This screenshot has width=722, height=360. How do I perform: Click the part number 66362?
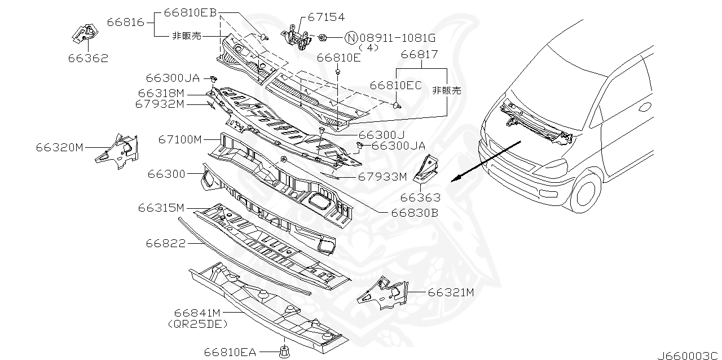click(89, 58)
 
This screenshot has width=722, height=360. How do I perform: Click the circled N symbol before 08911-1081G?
click(351, 38)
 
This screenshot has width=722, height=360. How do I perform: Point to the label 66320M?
click(60, 148)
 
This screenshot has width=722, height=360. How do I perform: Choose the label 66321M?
click(450, 292)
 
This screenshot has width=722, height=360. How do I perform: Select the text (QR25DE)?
click(197, 324)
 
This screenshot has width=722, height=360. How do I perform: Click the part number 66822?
click(166, 243)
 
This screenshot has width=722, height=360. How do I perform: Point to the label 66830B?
click(415, 213)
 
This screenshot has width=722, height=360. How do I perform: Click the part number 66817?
click(420, 55)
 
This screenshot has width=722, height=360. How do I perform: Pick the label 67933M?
click(382, 177)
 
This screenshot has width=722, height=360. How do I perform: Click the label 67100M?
click(179, 139)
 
